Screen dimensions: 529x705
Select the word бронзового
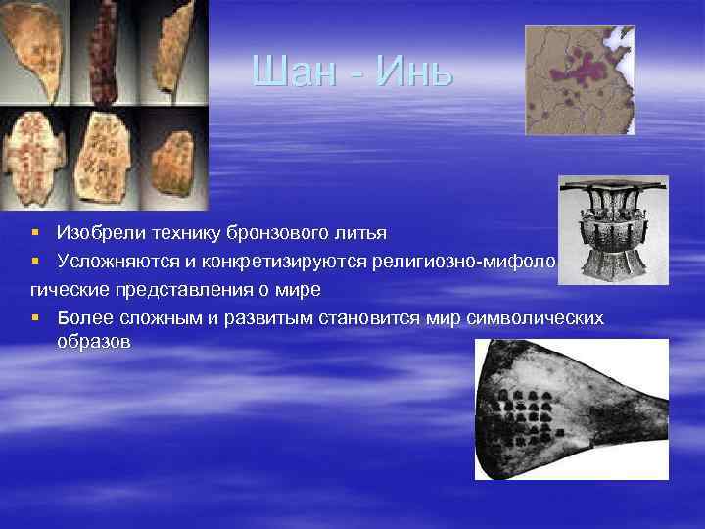pos(279,233)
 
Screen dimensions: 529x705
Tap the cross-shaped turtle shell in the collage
pos(34,157)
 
